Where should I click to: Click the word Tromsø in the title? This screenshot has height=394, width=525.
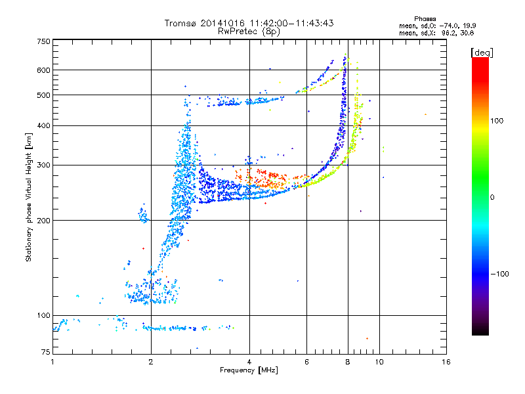[x=180, y=24]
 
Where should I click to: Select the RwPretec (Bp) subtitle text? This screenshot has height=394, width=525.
[x=249, y=31]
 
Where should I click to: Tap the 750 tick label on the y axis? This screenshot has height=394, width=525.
[x=43, y=41]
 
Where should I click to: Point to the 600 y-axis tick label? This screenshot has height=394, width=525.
[x=43, y=70]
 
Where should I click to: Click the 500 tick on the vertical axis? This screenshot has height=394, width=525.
[x=43, y=95]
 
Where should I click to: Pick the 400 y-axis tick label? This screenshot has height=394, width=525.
[x=43, y=125]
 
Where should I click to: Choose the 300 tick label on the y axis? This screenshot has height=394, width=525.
[x=43, y=165]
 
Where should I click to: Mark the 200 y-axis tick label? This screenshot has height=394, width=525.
[x=43, y=220]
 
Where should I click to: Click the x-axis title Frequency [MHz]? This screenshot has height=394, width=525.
[x=249, y=370]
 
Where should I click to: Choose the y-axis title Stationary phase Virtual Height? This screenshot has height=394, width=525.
[x=29, y=197]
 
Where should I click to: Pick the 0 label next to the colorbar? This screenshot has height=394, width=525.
[x=493, y=197]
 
